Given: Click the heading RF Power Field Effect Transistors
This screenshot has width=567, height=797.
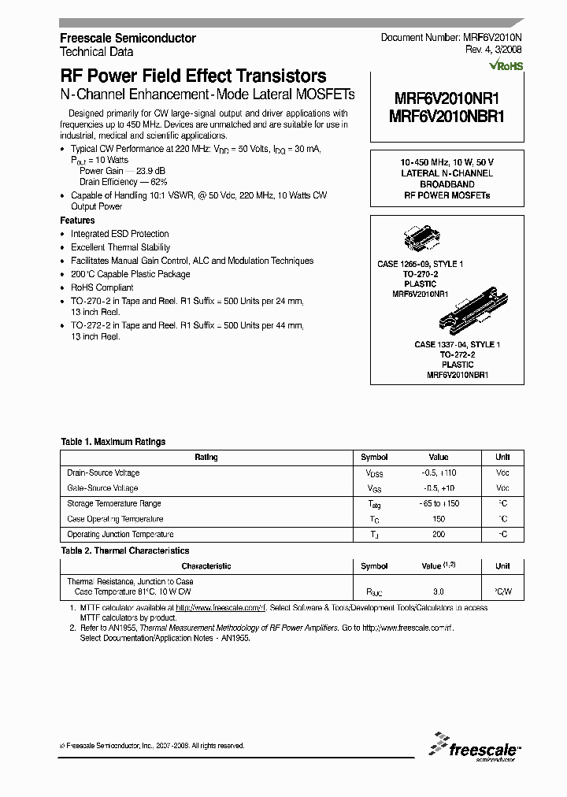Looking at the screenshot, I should click(x=193, y=76).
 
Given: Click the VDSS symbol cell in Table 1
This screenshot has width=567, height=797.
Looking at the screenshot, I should click(x=373, y=473).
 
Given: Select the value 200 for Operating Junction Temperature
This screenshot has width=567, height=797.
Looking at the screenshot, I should click(x=439, y=535).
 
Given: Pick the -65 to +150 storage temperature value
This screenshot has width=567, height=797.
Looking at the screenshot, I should click(x=439, y=504).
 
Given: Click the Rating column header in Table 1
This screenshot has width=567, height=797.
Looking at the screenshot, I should click(x=206, y=458).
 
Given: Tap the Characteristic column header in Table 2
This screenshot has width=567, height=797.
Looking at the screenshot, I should click(x=206, y=566).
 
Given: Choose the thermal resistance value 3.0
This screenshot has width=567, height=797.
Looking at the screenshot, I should click(x=439, y=591).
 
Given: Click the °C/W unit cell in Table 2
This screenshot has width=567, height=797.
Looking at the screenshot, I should click(x=502, y=591).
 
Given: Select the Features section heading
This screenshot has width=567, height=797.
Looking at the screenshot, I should click(x=77, y=221).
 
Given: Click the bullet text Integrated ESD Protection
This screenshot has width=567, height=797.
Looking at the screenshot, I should click(x=120, y=234).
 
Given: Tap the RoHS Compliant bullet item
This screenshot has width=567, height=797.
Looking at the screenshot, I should click(x=102, y=287).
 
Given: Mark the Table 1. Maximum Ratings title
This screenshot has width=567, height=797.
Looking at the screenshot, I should click(x=113, y=443).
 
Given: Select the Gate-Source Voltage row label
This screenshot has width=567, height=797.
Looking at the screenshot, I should click(x=103, y=488).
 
